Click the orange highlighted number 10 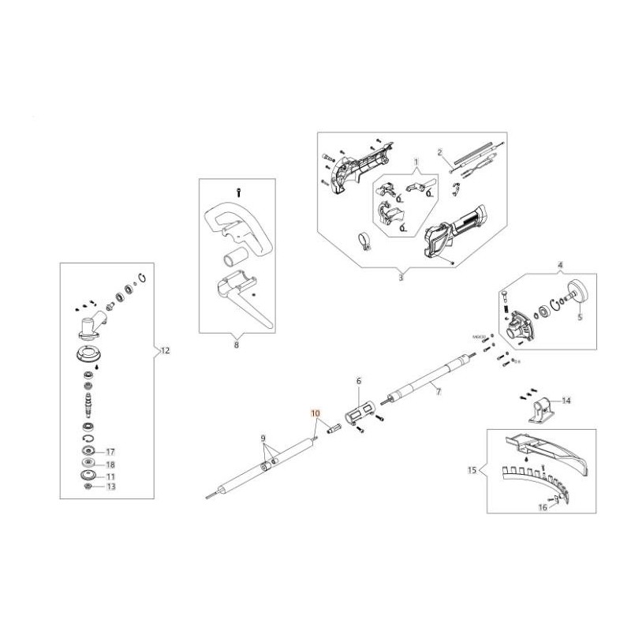click(x=315, y=413)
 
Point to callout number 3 click(x=400, y=278)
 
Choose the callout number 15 click(x=472, y=471)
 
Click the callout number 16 click(x=543, y=508)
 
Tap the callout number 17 click(x=110, y=452)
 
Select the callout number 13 click(x=110, y=487)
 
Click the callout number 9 click(x=263, y=438)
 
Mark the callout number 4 click(x=561, y=266)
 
